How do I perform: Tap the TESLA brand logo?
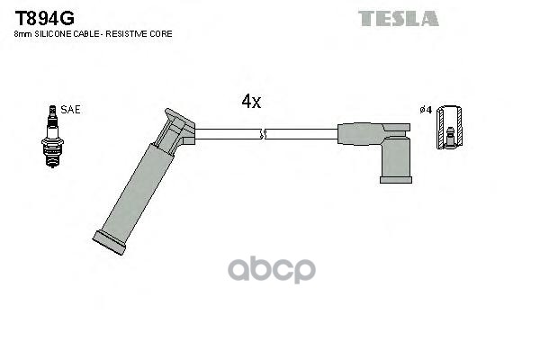pyautogui.click(x=398, y=18)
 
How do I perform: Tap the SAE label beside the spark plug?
pyautogui.click(x=70, y=110)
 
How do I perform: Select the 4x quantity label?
pyautogui.click(x=251, y=102)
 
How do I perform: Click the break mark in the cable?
pyautogui.click(x=262, y=135)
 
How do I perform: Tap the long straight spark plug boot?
pyautogui.click(x=133, y=189)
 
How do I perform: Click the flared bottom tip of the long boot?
pyautogui.click(x=110, y=243)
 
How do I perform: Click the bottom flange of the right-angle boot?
pyautogui.click(x=395, y=179)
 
